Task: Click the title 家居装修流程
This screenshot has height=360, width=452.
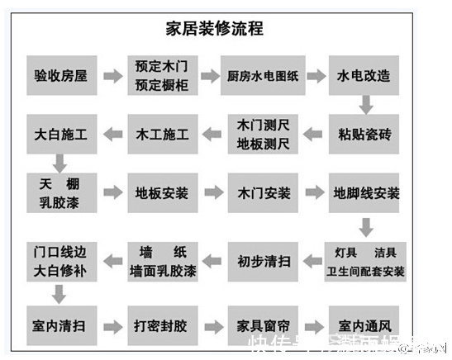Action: click(226, 29)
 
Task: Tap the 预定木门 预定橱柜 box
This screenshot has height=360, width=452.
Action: click(162, 76)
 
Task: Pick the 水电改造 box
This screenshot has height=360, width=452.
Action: click(364, 76)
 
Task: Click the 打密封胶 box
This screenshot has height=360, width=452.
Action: click(162, 323)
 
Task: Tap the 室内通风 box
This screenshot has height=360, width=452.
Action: click(364, 323)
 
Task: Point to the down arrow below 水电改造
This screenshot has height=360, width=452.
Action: click(365, 105)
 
